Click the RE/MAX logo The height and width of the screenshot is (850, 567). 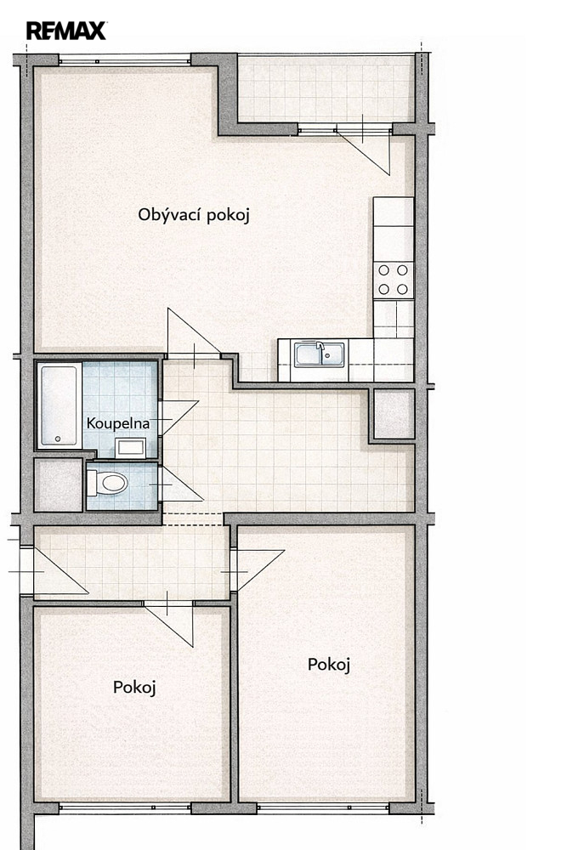(66, 31)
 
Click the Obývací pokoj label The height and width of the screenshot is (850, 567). (194, 215)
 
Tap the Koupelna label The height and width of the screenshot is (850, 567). (117, 422)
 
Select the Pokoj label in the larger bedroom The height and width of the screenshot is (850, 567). (329, 664)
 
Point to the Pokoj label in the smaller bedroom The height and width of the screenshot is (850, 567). (134, 688)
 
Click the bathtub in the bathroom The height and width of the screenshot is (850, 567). (60, 405)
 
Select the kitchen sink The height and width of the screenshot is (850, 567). (320, 354)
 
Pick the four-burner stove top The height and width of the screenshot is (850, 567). (393, 279)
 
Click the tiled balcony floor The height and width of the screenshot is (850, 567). (326, 89)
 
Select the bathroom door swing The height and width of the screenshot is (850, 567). (179, 417)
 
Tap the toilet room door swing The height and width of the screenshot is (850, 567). (180, 484)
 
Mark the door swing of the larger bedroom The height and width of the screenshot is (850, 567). (259, 570)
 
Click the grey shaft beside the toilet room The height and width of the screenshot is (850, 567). (59, 485)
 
